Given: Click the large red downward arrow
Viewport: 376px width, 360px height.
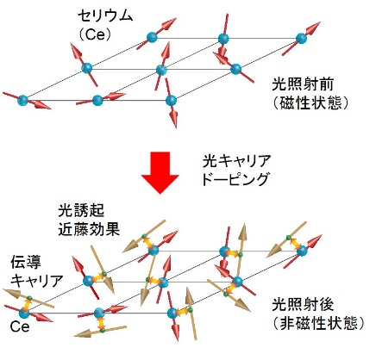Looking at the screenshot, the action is point(160,172).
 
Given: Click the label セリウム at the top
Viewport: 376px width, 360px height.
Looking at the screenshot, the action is point(105,16).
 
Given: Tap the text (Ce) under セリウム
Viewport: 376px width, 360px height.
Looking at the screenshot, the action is point(95,34).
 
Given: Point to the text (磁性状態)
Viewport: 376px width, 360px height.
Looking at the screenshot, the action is point(310,102).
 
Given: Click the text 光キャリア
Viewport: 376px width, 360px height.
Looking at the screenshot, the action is point(237,161).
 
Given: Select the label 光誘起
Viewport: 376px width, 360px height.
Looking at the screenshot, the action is point(81,210).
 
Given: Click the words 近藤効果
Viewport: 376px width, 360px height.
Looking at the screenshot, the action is point(89,229).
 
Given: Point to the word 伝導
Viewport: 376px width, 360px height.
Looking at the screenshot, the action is point(26,262).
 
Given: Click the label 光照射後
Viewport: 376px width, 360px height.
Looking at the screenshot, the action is point(303,304).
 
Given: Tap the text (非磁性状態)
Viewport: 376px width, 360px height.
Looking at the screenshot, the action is point(318,323).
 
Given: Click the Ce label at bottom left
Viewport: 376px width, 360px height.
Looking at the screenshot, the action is point(20,326).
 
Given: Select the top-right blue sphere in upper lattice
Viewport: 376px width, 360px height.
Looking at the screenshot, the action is point(301,38).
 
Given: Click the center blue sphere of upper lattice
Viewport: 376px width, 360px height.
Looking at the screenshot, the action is point(161,70).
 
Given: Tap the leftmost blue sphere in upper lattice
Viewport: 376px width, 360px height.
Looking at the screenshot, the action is point(23,100).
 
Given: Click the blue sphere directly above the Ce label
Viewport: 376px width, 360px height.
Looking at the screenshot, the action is point(23,313).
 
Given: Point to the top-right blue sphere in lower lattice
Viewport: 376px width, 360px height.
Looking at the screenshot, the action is point(302,251).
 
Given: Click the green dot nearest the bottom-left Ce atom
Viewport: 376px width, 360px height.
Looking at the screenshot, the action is point(29,297).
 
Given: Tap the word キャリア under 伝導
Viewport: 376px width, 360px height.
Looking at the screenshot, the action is point(37,281).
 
